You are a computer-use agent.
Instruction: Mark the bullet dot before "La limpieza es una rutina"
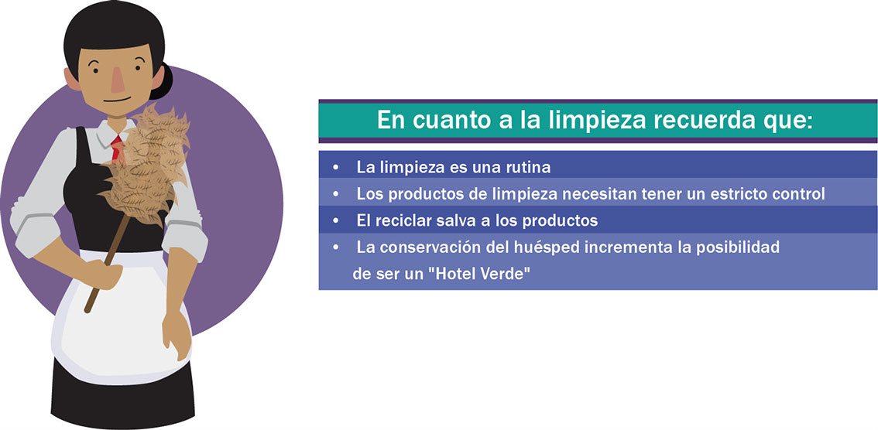[335, 167]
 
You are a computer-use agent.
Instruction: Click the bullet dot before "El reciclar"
[335, 221]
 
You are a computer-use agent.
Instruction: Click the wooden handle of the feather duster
[106, 264]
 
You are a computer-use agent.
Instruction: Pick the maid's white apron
[120, 319]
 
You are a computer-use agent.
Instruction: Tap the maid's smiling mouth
[117, 101]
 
